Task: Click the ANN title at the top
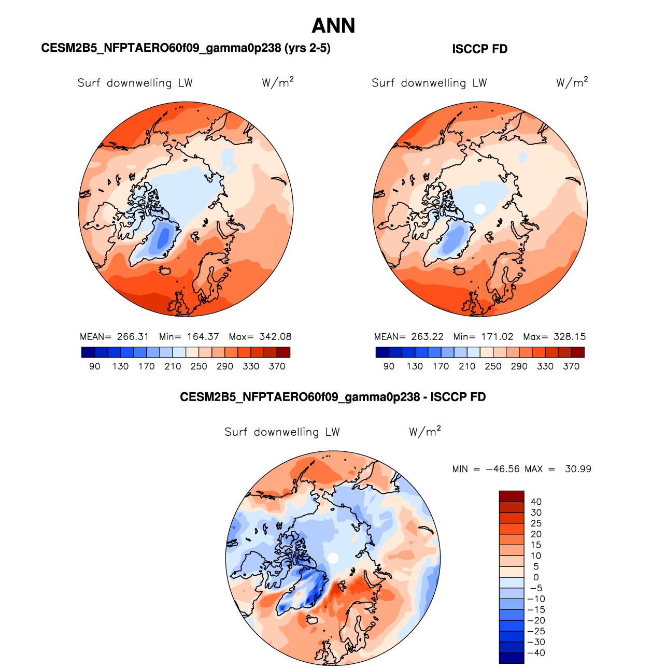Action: click(x=333, y=26)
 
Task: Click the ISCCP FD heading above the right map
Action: click(x=479, y=49)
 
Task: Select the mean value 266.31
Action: click(x=133, y=336)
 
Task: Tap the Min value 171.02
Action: click(x=497, y=336)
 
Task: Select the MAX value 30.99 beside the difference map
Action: click(x=578, y=469)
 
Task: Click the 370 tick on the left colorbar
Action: click(x=277, y=366)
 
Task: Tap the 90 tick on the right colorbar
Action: click(x=389, y=366)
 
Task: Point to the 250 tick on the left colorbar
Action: click(x=199, y=366)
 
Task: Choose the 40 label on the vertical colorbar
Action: click(x=536, y=502)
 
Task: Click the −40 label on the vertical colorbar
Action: click(x=536, y=653)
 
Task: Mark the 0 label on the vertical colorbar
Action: click(x=536, y=577)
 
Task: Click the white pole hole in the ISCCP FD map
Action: click(x=480, y=209)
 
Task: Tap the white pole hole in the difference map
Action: click(x=333, y=558)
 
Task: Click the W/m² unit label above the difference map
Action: click(x=424, y=431)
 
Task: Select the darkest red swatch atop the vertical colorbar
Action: click(x=511, y=496)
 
